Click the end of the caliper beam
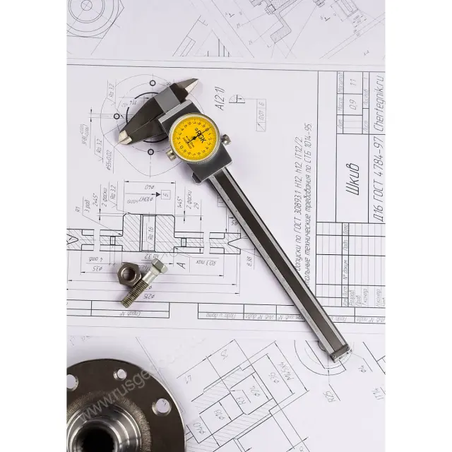pos(338,352)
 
